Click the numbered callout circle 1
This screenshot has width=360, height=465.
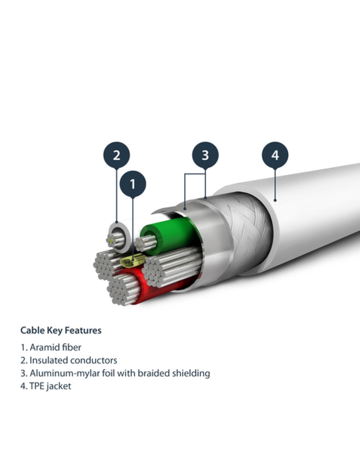click(x=133, y=184)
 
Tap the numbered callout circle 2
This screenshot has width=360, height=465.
click(x=117, y=155)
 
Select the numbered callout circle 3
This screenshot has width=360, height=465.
click(x=205, y=155)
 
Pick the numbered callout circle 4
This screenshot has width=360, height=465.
click(x=275, y=155)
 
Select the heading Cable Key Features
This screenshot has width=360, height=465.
click(x=61, y=330)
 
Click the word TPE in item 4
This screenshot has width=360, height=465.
click(x=37, y=386)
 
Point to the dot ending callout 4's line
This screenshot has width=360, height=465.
click(x=275, y=200)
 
